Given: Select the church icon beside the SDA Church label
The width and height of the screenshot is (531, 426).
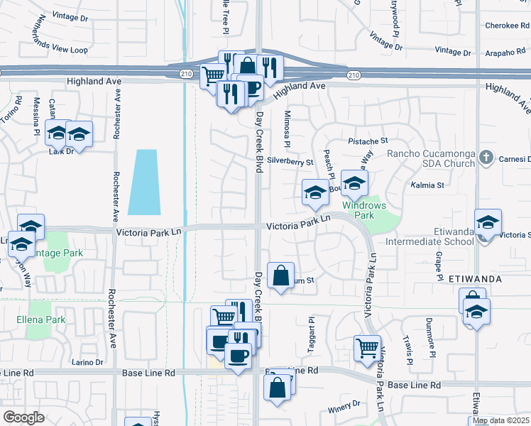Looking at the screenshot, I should tap(486, 158).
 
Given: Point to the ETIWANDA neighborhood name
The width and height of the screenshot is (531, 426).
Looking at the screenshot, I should tap(476, 280).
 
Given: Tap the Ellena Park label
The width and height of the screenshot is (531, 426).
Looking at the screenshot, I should tap(40, 319).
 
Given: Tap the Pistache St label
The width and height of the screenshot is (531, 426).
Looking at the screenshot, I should tap(368, 141).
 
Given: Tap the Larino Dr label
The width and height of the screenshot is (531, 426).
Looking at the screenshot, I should tap(88, 362).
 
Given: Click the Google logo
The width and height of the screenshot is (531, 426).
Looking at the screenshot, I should tap(23, 417).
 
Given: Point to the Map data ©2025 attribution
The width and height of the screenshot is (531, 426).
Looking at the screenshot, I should tap(500, 420).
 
